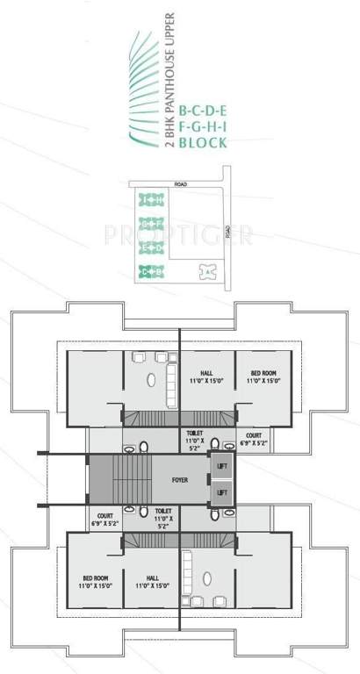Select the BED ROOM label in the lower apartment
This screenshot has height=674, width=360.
[96, 580]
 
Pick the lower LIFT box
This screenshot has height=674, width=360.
[222, 493]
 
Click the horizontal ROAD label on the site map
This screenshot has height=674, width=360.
[181, 185]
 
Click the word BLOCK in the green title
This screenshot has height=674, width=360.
[203, 141]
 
